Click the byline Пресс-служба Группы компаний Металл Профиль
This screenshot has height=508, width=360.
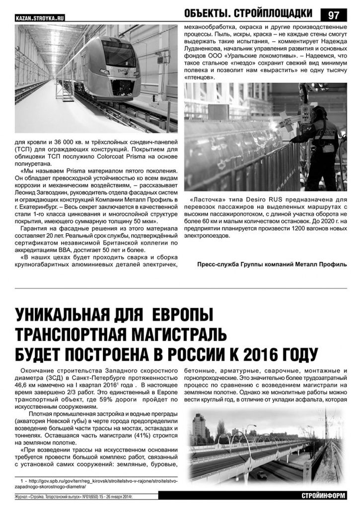[x=272, y=264]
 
